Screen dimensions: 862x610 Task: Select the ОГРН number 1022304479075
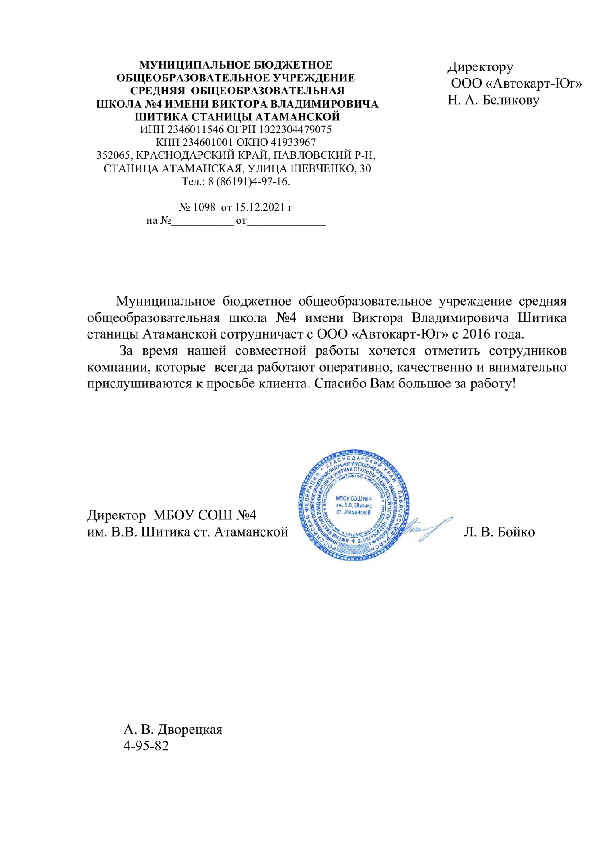pyautogui.click(x=295, y=130)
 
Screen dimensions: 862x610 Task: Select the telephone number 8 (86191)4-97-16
pyautogui.click(x=248, y=181)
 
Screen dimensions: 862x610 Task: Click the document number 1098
pyautogui.click(x=204, y=207)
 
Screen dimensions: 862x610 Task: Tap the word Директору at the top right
pyautogui.click(x=480, y=67)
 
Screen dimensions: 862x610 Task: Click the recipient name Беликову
pyautogui.click(x=511, y=100)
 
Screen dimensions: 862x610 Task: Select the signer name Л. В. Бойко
pyautogui.click(x=499, y=532)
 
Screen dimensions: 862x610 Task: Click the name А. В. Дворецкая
pyautogui.click(x=173, y=729)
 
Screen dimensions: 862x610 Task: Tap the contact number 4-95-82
pyautogui.click(x=146, y=746)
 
